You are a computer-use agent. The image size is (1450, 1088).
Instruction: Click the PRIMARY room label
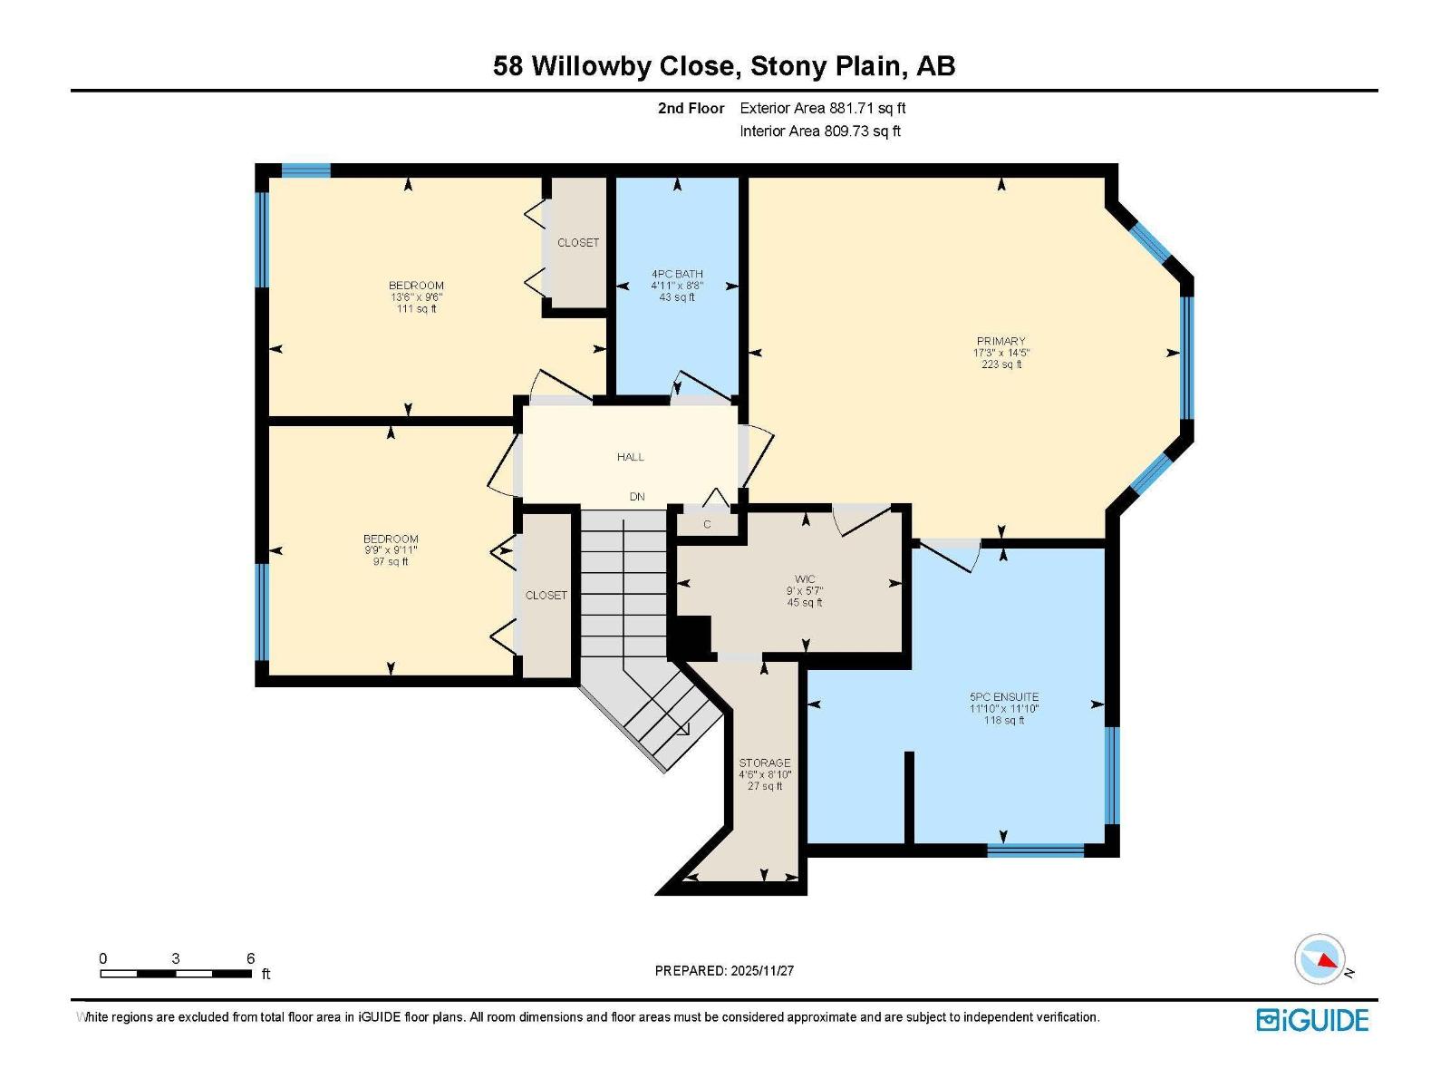tap(1000, 342)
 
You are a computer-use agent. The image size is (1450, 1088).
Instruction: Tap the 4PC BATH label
tap(677, 274)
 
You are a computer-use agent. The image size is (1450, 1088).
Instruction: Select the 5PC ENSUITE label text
tap(1003, 697)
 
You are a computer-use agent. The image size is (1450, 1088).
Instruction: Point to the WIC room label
tap(805, 579)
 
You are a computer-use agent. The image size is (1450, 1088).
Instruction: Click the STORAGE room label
tap(764, 763)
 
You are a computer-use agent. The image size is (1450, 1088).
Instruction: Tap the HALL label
tap(631, 457)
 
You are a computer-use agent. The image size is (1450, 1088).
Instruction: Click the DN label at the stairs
tap(637, 497)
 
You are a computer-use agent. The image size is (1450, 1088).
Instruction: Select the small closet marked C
tap(707, 524)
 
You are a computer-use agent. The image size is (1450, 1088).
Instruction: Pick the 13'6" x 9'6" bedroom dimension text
tap(416, 297)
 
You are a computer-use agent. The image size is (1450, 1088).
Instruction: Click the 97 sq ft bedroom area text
tap(391, 562)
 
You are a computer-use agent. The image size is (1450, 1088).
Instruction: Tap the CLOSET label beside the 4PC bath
tap(578, 243)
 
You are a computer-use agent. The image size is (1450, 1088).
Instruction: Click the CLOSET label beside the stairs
tap(546, 596)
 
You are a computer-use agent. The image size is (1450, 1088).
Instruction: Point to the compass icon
tap(1320, 959)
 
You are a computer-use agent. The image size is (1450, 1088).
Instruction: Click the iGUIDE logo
tap(1312, 1020)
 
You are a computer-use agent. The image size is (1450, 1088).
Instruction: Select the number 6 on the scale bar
tap(250, 958)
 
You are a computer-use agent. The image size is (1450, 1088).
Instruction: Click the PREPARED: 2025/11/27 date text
tap(724, 970)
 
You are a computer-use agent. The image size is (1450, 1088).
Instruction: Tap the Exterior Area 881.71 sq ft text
tap(822, 108)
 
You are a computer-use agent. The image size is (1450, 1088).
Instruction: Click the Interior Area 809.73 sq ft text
tap(819, 131)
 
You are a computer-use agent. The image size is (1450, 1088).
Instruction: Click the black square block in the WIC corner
tap(693, 635)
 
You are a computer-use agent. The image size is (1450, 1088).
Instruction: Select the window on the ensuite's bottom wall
tap(1035, 850)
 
